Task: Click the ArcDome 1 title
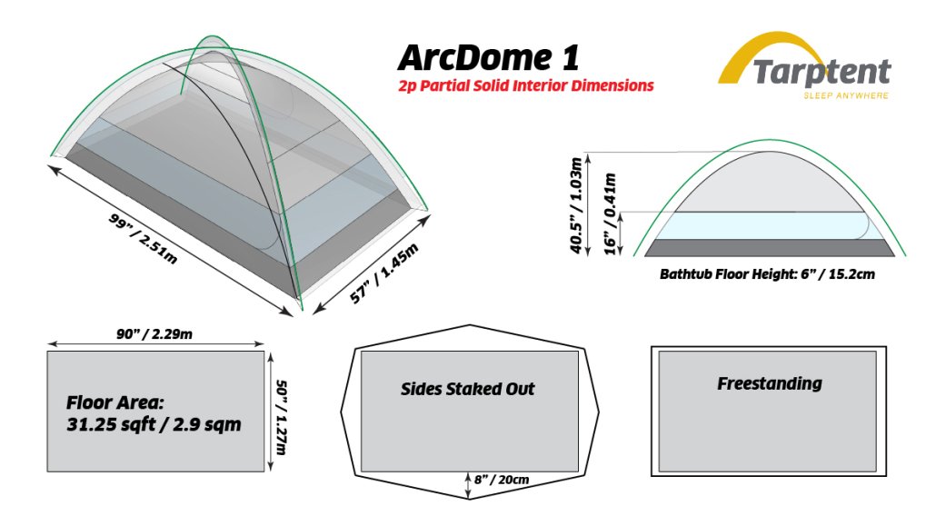488,58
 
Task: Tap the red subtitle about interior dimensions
526,86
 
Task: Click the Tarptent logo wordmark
821,73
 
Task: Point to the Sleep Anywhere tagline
846,95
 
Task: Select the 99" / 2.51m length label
144,238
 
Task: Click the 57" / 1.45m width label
383,273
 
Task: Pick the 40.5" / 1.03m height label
576,205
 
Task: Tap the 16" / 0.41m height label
610,213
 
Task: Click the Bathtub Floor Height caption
767,274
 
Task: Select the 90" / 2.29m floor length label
154,333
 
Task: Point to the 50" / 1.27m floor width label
282,417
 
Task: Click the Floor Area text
115,402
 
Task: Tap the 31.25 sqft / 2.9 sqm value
154,424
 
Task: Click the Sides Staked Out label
467,389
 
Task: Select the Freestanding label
770,383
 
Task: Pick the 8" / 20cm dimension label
502,480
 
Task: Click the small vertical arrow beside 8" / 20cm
468,484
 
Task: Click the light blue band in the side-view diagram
770,225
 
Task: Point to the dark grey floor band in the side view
770,248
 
